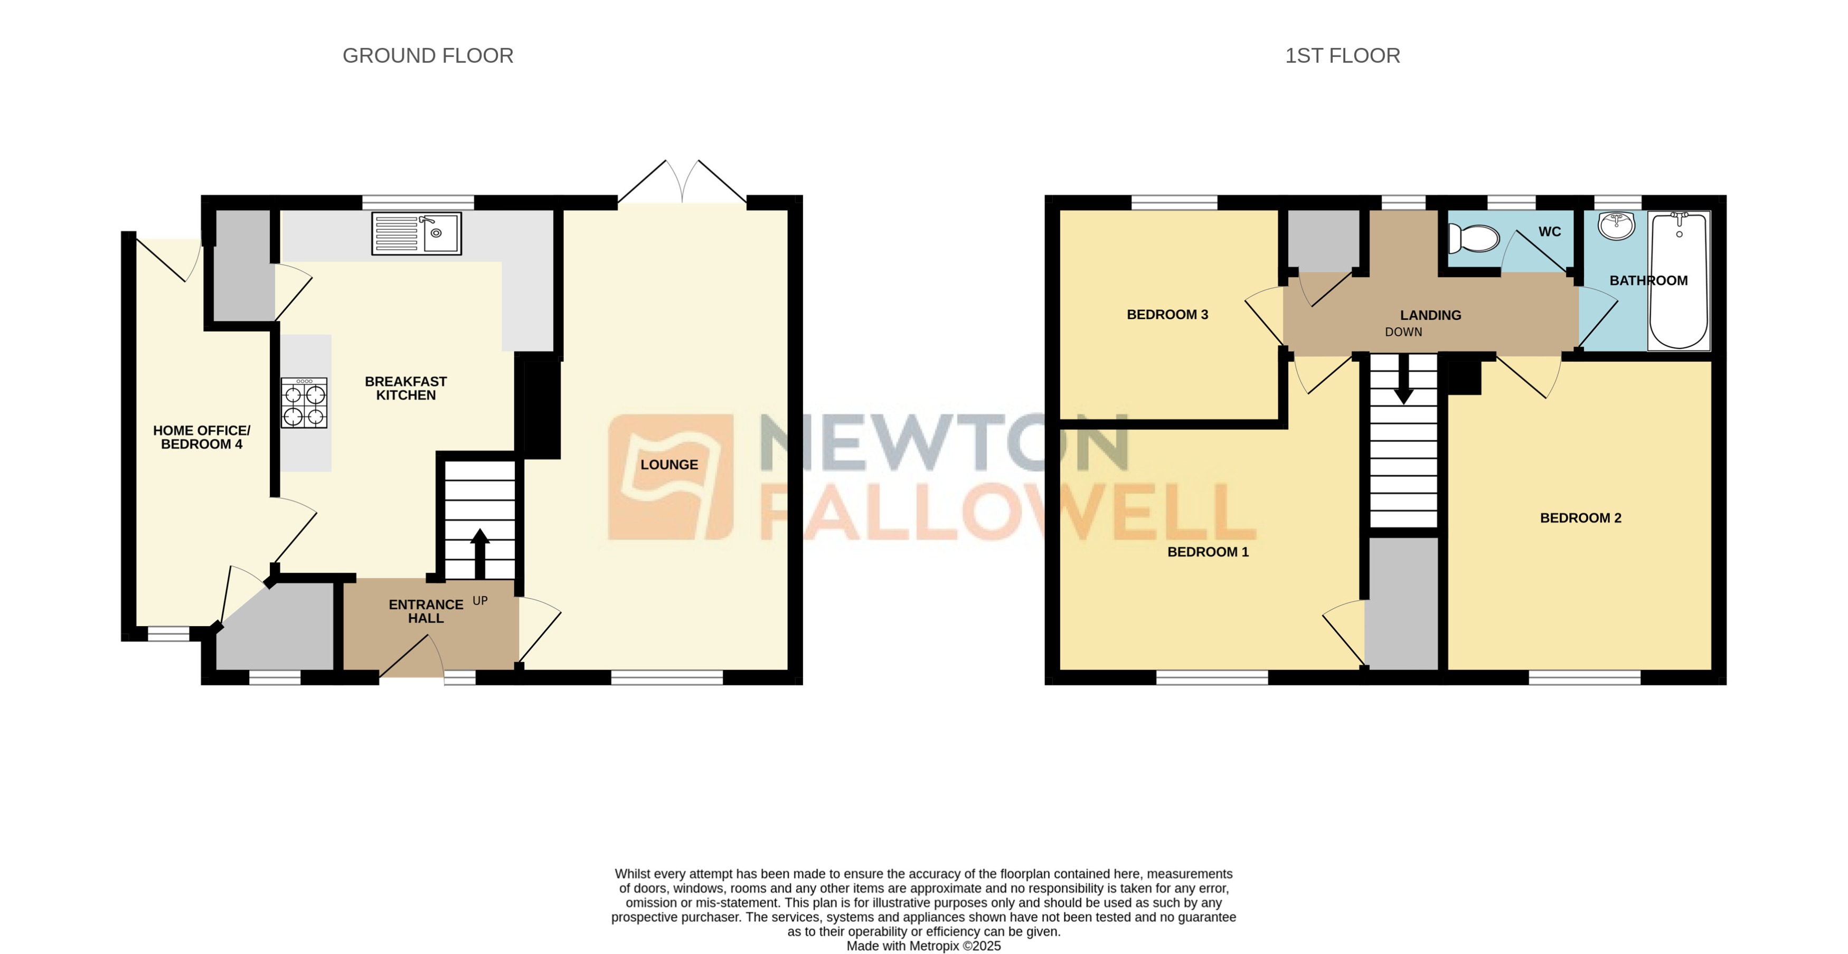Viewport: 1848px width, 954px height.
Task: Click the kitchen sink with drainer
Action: (416, 233)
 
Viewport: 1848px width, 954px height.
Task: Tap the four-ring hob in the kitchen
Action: (304, 403)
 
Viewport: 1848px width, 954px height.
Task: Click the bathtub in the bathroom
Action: (1679, 281)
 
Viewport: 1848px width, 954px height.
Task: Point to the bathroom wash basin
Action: (1616, 225)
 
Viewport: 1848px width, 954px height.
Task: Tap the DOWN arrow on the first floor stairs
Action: (1403, 380)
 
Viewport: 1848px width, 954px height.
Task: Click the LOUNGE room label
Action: (668, 465)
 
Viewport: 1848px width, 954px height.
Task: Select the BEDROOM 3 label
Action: (1167, 314)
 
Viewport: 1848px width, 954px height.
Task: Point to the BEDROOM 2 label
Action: (1580, 518)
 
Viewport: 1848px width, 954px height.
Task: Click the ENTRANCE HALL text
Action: (426, 611)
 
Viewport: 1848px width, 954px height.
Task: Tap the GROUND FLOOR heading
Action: (428, 55)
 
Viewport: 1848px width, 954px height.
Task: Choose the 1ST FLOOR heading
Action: (1342, 55)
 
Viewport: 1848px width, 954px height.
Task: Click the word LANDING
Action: (1430, 315)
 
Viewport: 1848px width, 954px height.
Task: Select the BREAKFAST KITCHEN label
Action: (406, 388)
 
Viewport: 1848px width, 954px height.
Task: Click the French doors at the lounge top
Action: (682, 183)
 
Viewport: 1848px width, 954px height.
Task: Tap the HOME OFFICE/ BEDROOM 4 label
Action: (202, 437)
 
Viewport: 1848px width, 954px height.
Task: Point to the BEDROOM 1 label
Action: (1208, 552)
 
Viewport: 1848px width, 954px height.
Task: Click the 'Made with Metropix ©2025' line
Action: (923, 946)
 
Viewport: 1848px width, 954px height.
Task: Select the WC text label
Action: (1550, 232)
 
